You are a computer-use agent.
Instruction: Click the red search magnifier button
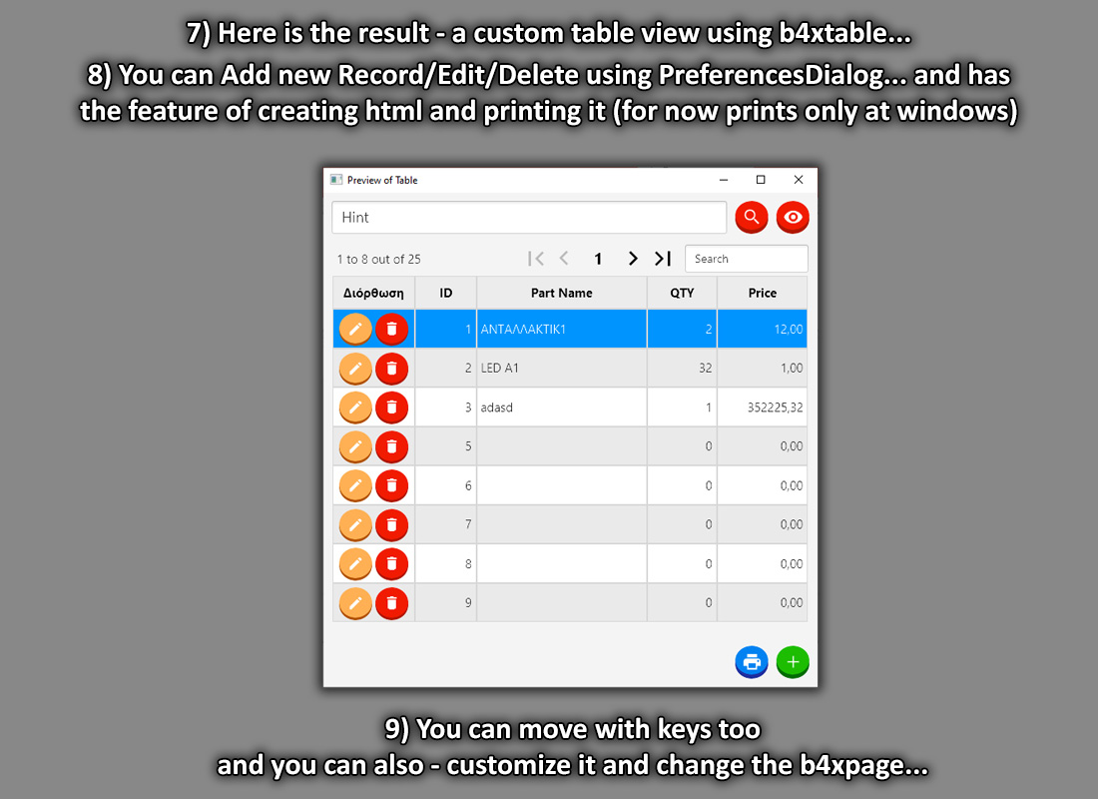(x=752, y=218)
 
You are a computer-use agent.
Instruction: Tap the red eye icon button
(x=793, y=218)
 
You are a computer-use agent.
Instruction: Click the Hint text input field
(x=529, y=218)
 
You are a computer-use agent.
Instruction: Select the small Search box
(x=747, y=259)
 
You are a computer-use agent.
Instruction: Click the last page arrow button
(x=663, y=259)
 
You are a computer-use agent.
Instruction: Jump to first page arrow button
(x=536, y=259)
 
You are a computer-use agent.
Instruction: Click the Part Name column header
(x=562, y=293)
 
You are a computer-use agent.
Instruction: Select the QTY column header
(x=682, y=293)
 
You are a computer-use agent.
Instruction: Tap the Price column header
(x=762, y=293)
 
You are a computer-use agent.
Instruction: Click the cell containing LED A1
(x=562, y=368)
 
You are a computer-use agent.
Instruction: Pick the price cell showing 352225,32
(x=762, y=407)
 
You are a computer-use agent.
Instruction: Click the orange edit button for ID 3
(x=355, y=407)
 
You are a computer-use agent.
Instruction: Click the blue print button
(x=752, y=661)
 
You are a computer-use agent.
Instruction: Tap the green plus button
(x=793, y=661)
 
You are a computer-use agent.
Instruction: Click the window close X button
(x=799, y=180)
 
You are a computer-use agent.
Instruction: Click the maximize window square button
(x=761, y=180)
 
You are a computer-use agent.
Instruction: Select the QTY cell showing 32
(x=682, y=368)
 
